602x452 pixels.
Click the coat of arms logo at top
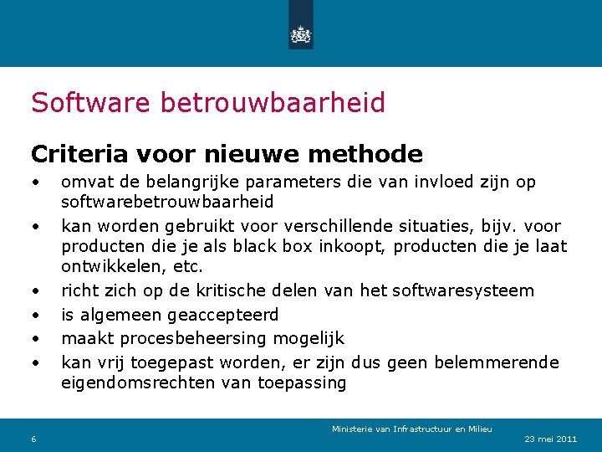pos(300,34)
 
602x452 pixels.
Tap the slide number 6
pos(33,440)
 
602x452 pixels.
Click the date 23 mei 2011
pos(550,439)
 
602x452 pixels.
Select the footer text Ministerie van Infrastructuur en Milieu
pos(411,429)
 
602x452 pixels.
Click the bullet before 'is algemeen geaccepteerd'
pos(35,316)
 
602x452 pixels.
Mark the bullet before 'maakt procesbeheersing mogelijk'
pos(35,339)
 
